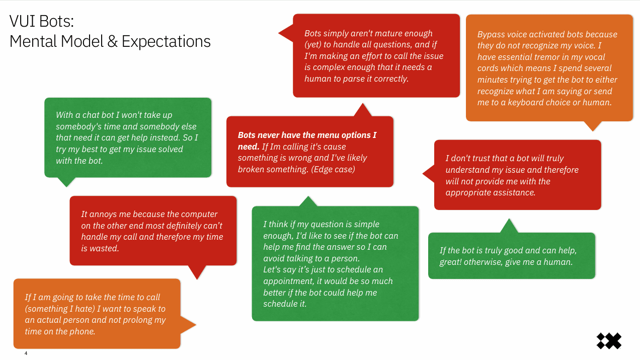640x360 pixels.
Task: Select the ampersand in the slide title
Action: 112,41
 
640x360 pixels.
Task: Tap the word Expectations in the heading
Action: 166,42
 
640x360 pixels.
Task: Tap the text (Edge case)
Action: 333,169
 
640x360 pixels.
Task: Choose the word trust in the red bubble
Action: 477,158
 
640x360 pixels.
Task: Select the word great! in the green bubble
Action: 450,262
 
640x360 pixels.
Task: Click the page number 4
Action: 26,353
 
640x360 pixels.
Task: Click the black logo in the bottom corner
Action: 609,340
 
